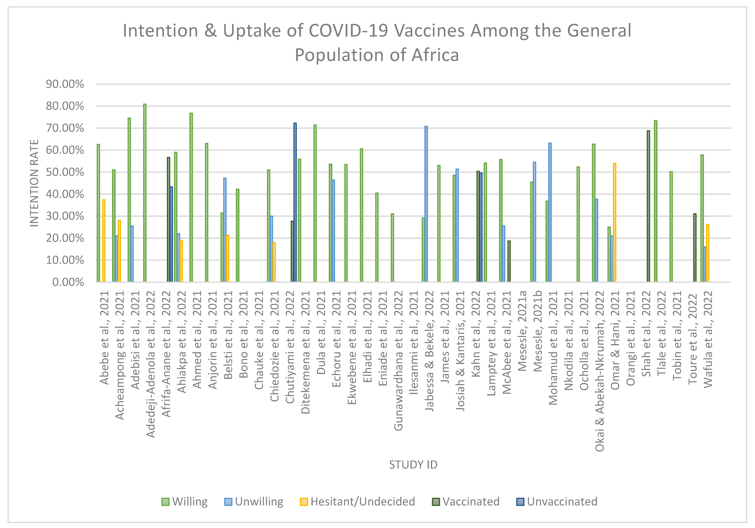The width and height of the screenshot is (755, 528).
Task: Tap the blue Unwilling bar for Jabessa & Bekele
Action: (426, 204)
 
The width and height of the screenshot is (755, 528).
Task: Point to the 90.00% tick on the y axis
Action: (65, 84)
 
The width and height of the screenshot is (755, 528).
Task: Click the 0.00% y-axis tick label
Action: (68, 282)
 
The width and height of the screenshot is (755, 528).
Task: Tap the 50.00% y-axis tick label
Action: (65, 172)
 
